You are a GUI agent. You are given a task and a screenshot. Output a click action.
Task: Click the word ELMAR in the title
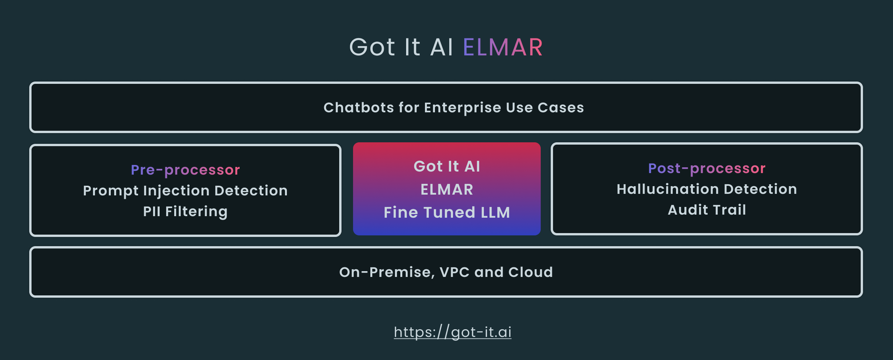pyautogui.click(x=503, y=47)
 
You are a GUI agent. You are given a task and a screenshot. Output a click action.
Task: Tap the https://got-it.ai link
pyautogui.click(x=452, y=332)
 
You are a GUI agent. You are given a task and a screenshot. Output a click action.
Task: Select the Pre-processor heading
pyautogui.click(x=185, y=170)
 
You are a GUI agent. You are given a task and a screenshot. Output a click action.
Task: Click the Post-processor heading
pyautogui.click(x=706, y=168)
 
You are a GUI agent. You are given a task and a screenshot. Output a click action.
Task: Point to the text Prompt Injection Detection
pyautogui.click(x=185, y=191)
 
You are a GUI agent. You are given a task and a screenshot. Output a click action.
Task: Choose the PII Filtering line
pyautogui.click(x=185, y=212)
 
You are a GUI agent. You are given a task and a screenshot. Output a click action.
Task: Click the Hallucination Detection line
pyautogui.click(x=706, y=189)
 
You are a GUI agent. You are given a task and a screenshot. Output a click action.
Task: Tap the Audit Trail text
pyautogui.click(x=706, y=210)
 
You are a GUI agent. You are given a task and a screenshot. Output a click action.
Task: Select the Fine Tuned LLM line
pyautogui.click(x=446, y=212)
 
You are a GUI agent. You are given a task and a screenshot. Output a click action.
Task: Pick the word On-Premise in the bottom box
pyautogui.click(x=387, y=272)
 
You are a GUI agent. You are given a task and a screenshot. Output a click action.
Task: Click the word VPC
pyautogui.click(x=454, y=272)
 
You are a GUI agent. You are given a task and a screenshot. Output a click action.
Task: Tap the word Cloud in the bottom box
pyautogui.click(x=530, y=272)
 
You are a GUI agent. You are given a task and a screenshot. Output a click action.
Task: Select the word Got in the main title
pyautogui.click(x=372, y=47)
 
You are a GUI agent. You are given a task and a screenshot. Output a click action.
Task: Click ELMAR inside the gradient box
pyautogui.click(x=446, y=190)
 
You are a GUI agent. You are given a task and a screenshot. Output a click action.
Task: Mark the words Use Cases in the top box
pyautogui.click(x=545, y=108)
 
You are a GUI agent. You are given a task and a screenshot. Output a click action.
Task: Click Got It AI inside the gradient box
pyautogui.click(x=446, y=167)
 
